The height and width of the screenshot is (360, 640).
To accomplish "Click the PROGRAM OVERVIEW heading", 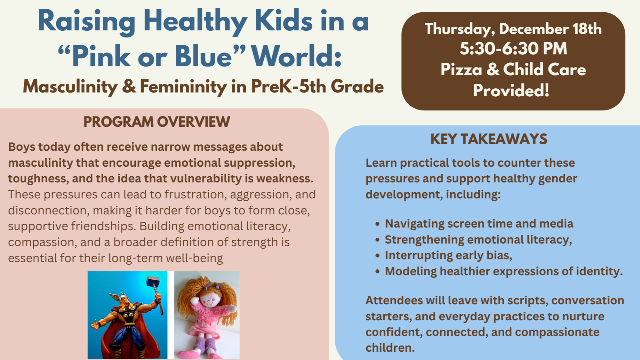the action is [156, 122].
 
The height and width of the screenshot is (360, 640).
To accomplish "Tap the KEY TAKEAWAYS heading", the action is [489, 139].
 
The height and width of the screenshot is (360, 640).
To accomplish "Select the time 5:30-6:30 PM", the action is [513, 49].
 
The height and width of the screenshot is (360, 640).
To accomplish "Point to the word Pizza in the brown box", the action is [461, 69].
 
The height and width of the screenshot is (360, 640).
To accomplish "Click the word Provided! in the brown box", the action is [511, 91].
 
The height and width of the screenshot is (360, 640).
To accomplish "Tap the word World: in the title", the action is [296, 56].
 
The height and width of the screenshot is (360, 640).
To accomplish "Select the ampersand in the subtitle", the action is [129, 87].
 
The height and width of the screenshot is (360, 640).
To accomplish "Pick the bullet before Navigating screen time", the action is [378, 224].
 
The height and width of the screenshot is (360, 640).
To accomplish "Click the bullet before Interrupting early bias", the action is [378, 256].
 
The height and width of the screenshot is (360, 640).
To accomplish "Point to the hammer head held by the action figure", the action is [153, 282].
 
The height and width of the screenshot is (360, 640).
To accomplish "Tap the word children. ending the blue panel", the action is [390, 348].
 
